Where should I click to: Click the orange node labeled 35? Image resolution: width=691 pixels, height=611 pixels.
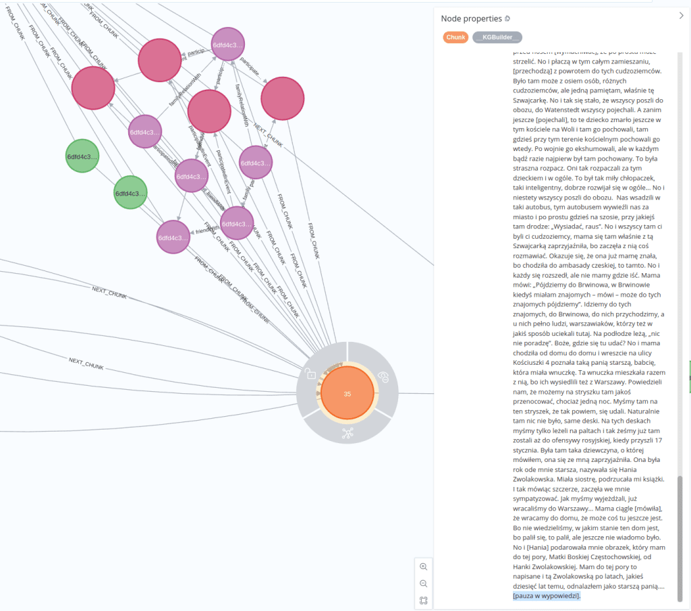[x=347, y=394]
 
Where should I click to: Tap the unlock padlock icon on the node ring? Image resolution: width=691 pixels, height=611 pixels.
[x=311, y=374]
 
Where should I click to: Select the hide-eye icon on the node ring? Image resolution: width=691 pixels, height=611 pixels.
[x=383, y=376]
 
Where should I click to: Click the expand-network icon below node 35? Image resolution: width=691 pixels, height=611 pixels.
[x=348, y=434]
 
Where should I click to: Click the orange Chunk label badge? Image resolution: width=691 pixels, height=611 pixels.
[x=455, y=37]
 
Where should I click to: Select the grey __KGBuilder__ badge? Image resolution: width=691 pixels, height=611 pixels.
[x=497, y=37]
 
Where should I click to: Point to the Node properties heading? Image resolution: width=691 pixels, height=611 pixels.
[x=472, y=18]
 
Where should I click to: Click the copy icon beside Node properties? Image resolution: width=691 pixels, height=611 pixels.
[x=507, y=18]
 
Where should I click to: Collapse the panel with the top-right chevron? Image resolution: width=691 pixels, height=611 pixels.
[x=681, y=16]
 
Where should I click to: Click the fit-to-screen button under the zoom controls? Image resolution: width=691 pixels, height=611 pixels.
[x=424, y=600]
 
